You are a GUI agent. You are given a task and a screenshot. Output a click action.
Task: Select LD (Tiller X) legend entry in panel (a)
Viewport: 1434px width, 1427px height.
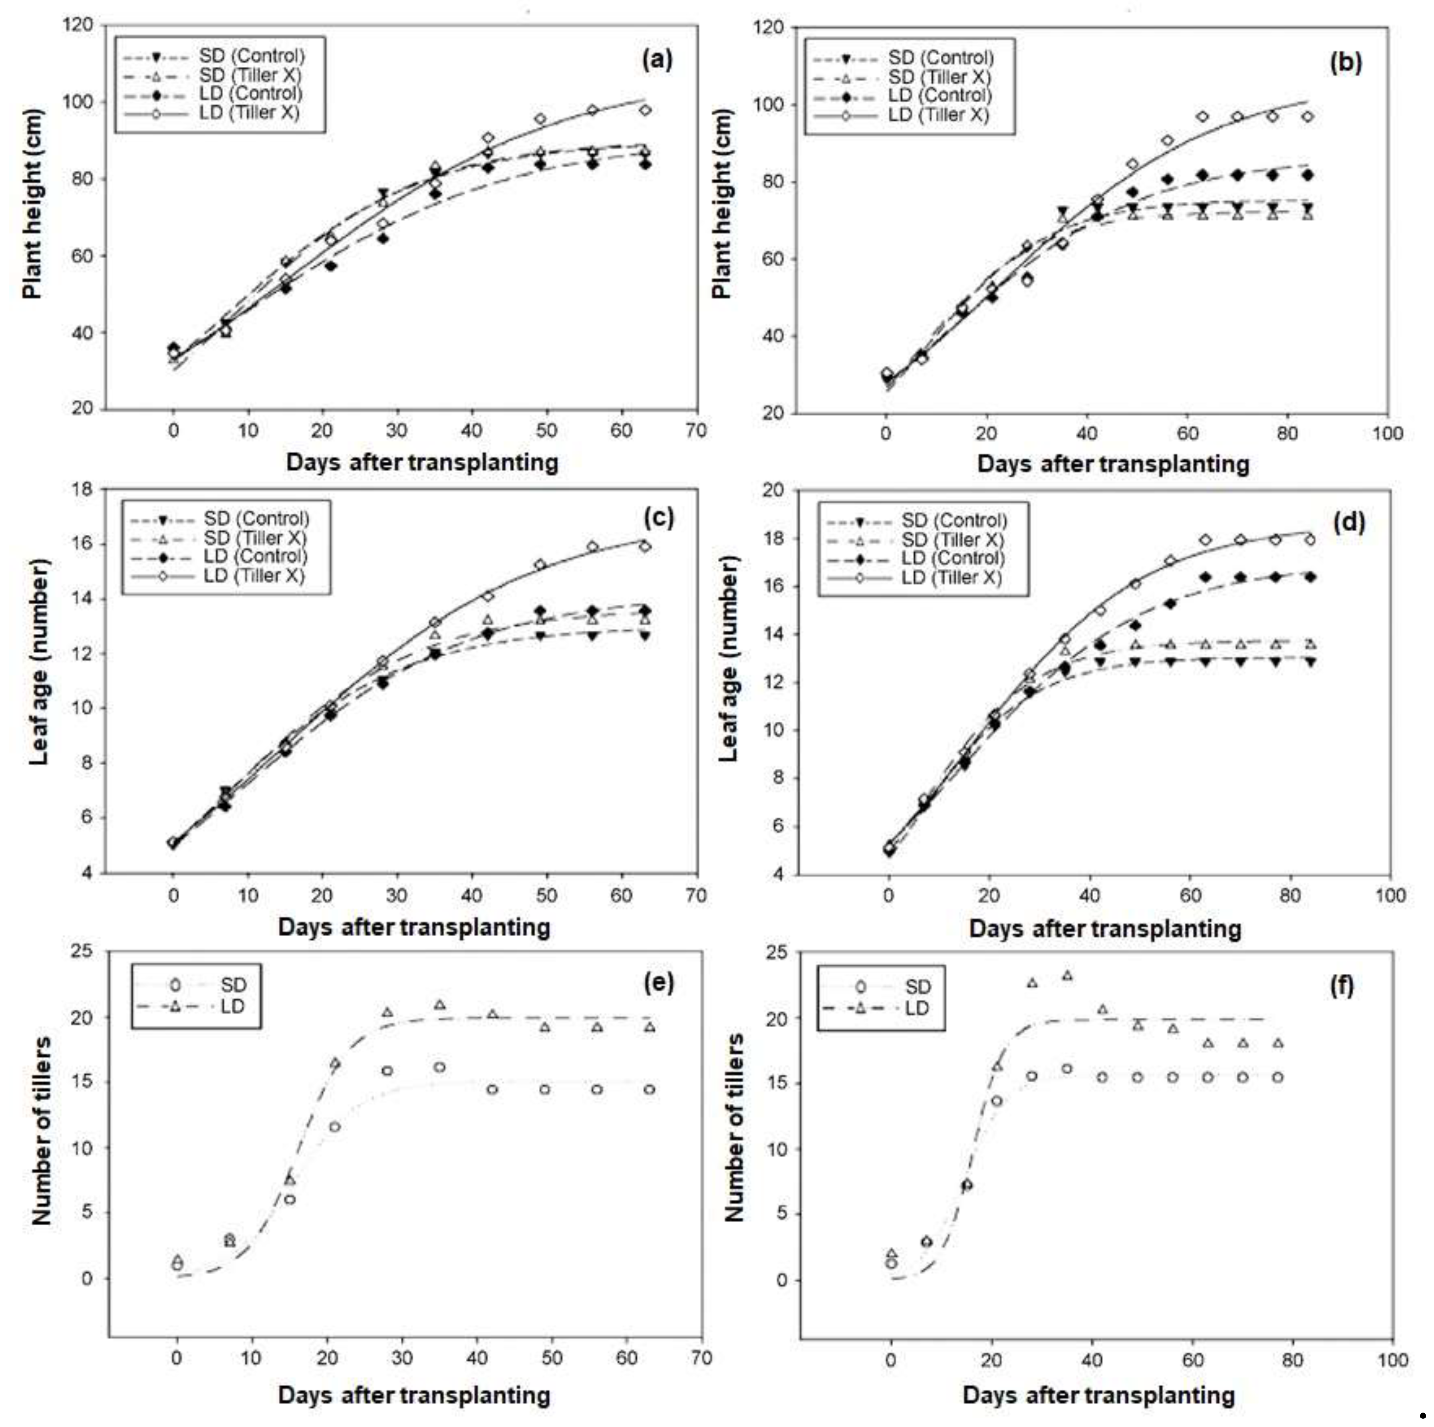coord(248,113)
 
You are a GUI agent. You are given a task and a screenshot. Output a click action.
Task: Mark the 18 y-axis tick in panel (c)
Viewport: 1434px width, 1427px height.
coord(81,488)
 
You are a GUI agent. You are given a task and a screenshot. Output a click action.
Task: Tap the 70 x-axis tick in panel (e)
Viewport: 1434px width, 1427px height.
coord(701,1358)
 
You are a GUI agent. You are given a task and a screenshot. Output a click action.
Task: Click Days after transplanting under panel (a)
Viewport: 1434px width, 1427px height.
coord(421,462)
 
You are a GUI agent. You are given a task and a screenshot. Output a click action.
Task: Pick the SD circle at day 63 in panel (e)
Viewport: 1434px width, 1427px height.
coord(649,1090)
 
